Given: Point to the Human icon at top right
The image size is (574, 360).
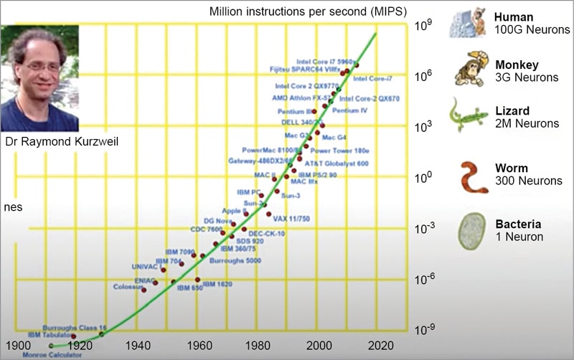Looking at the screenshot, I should click(468, 24).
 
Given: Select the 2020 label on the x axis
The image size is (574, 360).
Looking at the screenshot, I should click(379, 344).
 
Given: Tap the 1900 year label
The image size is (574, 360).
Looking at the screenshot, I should click(19, 344).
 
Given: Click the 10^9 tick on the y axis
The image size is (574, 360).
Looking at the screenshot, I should click(422, 25).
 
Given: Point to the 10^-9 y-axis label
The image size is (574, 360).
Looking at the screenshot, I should click(423, 328).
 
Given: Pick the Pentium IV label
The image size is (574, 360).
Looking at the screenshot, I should click(350, 111).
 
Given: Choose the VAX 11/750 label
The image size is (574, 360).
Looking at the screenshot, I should click(291, 218).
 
